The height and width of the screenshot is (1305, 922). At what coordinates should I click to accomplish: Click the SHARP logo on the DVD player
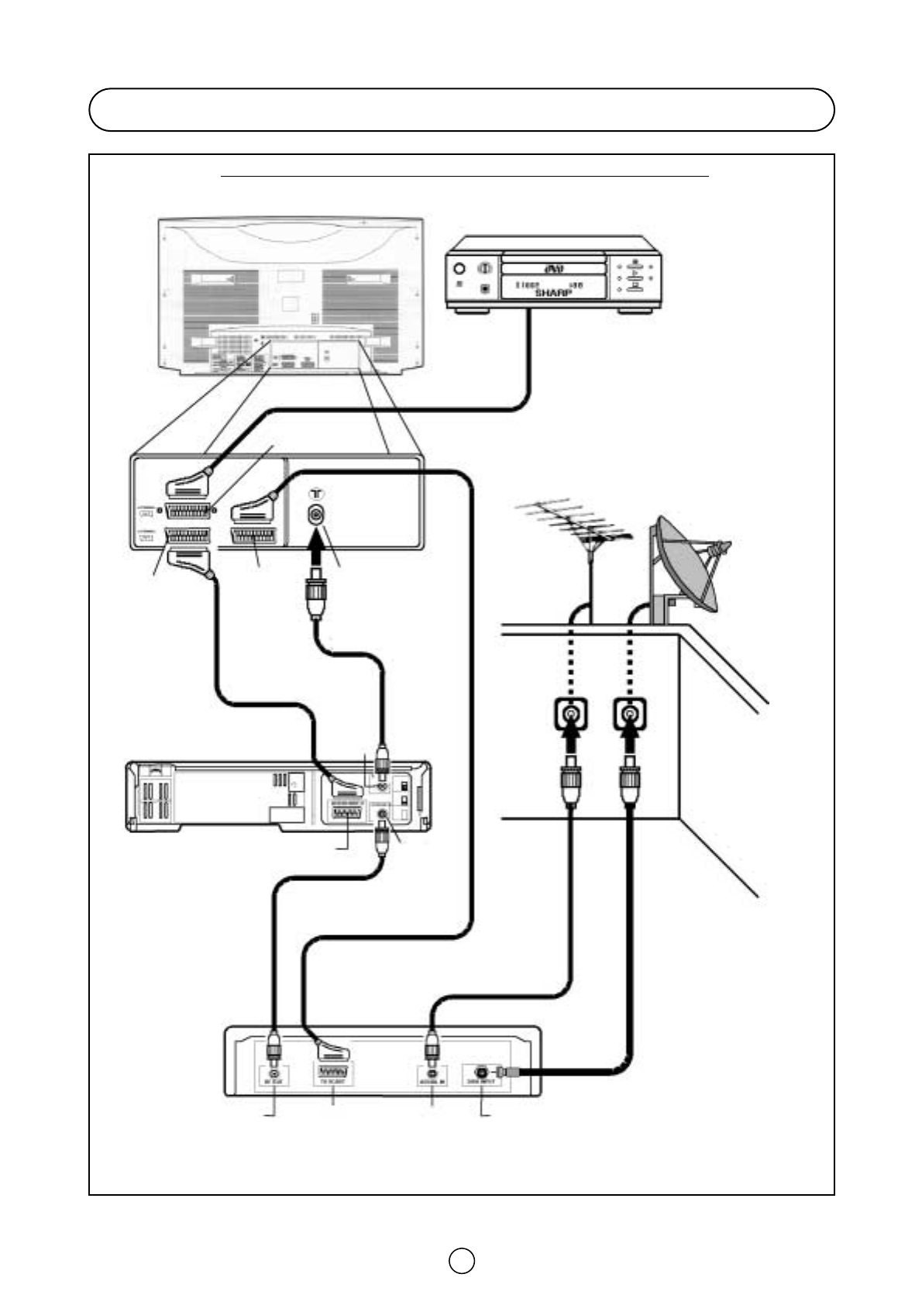552,293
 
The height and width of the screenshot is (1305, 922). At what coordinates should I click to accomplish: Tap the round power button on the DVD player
459,269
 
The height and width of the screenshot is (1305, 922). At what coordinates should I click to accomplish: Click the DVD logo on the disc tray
552,269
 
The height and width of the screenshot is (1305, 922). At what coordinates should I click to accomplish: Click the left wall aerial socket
571,715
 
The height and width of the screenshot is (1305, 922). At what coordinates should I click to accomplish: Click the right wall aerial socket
630,715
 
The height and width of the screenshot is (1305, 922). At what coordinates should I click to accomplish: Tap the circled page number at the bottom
461,1261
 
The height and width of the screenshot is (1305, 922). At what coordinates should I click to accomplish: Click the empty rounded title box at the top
461,109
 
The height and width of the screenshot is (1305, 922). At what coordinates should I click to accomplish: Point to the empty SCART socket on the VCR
348,814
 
